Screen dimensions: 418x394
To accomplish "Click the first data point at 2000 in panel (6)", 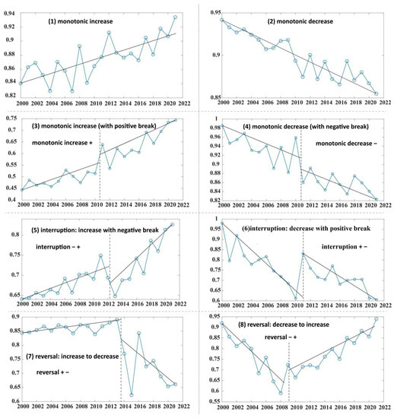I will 222,223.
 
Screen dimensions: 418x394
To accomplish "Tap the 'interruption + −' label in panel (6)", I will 335,247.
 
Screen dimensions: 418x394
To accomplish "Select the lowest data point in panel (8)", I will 281,393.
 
